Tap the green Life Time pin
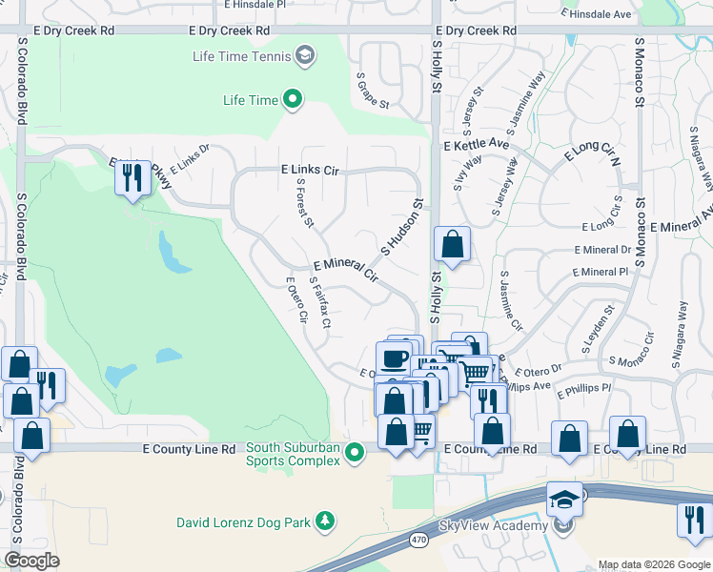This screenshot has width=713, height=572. click(292, 99)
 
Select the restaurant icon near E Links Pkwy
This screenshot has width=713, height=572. click(132, 177)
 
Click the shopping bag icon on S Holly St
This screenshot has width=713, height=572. click(452, 244)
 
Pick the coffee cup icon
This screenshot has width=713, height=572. click(394, 359)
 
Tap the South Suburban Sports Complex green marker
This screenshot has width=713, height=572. click(355, 452)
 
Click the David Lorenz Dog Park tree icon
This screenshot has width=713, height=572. click(326, 521)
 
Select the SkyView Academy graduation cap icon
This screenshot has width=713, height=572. click(564, 499)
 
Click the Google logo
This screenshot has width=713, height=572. click(31, 561)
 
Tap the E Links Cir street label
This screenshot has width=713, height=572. click(311, 169)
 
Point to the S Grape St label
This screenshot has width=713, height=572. click(373, 91)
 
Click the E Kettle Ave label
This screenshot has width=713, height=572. click(477, 144)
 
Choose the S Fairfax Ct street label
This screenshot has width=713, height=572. click(319, 303)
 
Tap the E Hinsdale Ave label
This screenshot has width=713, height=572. click(597, 14)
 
